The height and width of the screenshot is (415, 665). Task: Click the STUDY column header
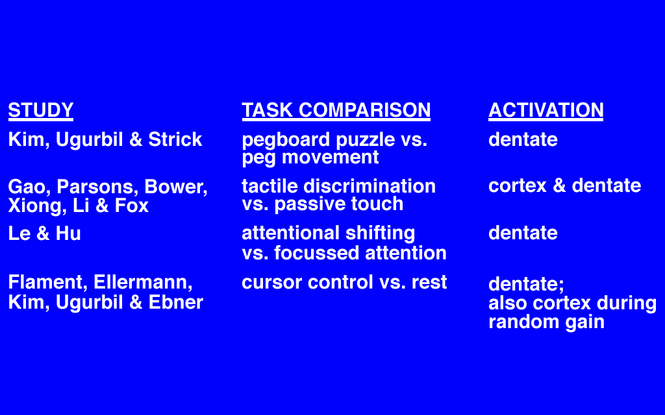(41, 110)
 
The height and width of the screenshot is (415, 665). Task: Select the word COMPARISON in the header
(365, 110)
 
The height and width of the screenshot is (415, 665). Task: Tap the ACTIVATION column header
(546, 110)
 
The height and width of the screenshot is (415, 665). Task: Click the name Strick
(175, 140)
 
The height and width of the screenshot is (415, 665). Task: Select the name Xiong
(37, 207)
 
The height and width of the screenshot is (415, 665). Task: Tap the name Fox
(131, 206)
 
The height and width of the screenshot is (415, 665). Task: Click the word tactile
(270, 186)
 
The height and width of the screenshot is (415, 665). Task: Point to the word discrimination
(370, 186)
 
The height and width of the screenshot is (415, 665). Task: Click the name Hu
(68, 233)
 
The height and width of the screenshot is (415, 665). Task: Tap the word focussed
(316, 254)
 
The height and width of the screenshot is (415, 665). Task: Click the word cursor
(271, 283)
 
